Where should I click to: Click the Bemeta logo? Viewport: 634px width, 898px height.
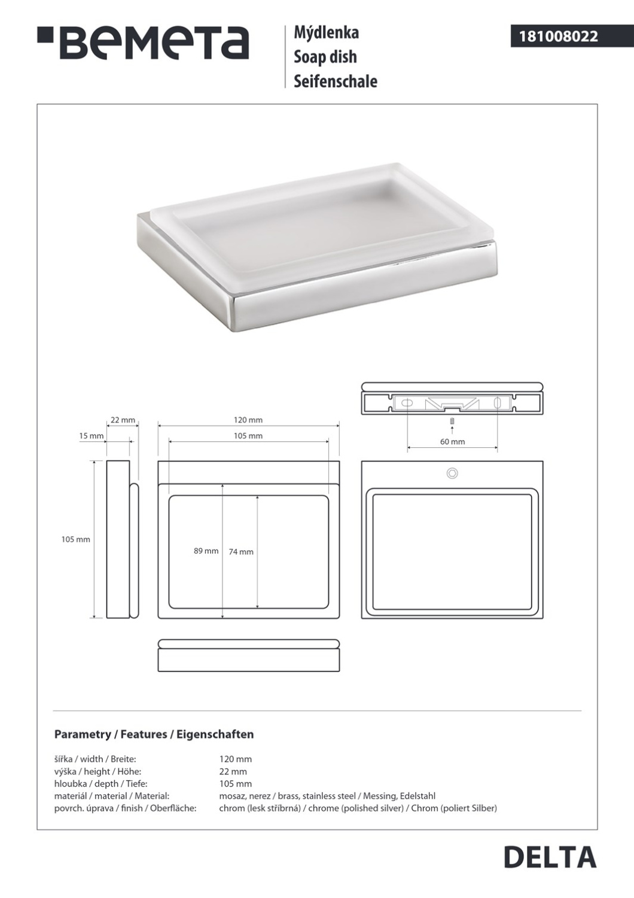144,43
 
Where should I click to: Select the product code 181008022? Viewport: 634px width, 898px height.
557,37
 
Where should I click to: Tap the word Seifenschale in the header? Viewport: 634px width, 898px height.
335,81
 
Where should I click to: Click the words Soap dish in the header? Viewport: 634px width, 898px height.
325,57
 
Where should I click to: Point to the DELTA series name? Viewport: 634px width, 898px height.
550,857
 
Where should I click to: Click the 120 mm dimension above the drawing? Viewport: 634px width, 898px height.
248,420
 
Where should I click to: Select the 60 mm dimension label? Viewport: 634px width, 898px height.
452,442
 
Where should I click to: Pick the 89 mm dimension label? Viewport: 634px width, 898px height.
206,551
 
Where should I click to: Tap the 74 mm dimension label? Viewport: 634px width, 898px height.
241,552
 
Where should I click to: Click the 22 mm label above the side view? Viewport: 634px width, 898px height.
123,420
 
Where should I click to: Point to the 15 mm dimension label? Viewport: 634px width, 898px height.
91,436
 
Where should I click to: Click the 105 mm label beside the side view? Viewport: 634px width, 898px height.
75,539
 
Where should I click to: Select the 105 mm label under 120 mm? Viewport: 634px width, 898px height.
248,436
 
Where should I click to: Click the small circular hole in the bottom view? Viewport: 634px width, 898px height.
452,474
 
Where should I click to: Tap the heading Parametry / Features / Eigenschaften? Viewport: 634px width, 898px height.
154,734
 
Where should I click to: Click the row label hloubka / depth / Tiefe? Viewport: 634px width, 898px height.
100,784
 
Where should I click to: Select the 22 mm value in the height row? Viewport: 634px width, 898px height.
233,772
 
